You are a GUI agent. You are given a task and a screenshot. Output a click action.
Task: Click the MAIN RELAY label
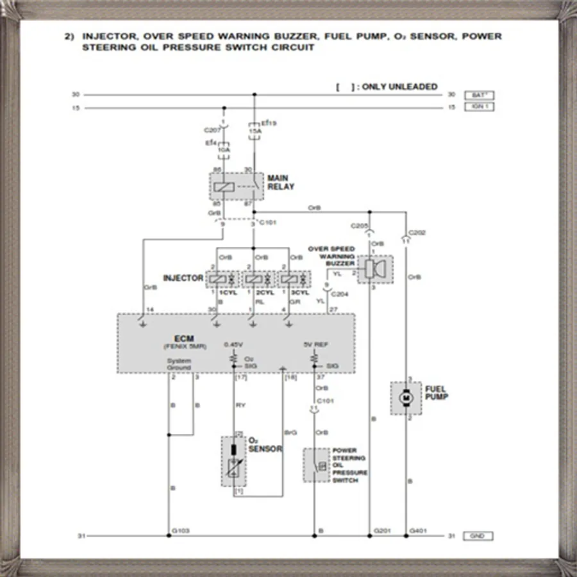coord(281,182)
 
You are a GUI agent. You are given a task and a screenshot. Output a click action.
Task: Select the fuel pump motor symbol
coord(406,398)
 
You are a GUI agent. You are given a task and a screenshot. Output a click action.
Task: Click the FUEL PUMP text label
coord(437,393)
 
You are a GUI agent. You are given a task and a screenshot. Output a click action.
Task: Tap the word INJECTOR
coord(183,278)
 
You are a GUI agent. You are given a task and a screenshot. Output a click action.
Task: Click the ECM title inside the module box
coord(184,338)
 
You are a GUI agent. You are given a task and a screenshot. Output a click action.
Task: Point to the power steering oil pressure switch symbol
coord(317,466)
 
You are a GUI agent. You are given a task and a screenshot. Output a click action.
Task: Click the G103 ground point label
coord(180,531)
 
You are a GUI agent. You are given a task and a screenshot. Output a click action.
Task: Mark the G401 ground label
coord(419,531)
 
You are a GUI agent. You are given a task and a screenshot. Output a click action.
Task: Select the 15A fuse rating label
coord(255,131)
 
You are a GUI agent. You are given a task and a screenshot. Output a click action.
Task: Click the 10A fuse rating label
coord(224,150)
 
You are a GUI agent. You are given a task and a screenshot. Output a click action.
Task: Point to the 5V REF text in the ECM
coord(315,344)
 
